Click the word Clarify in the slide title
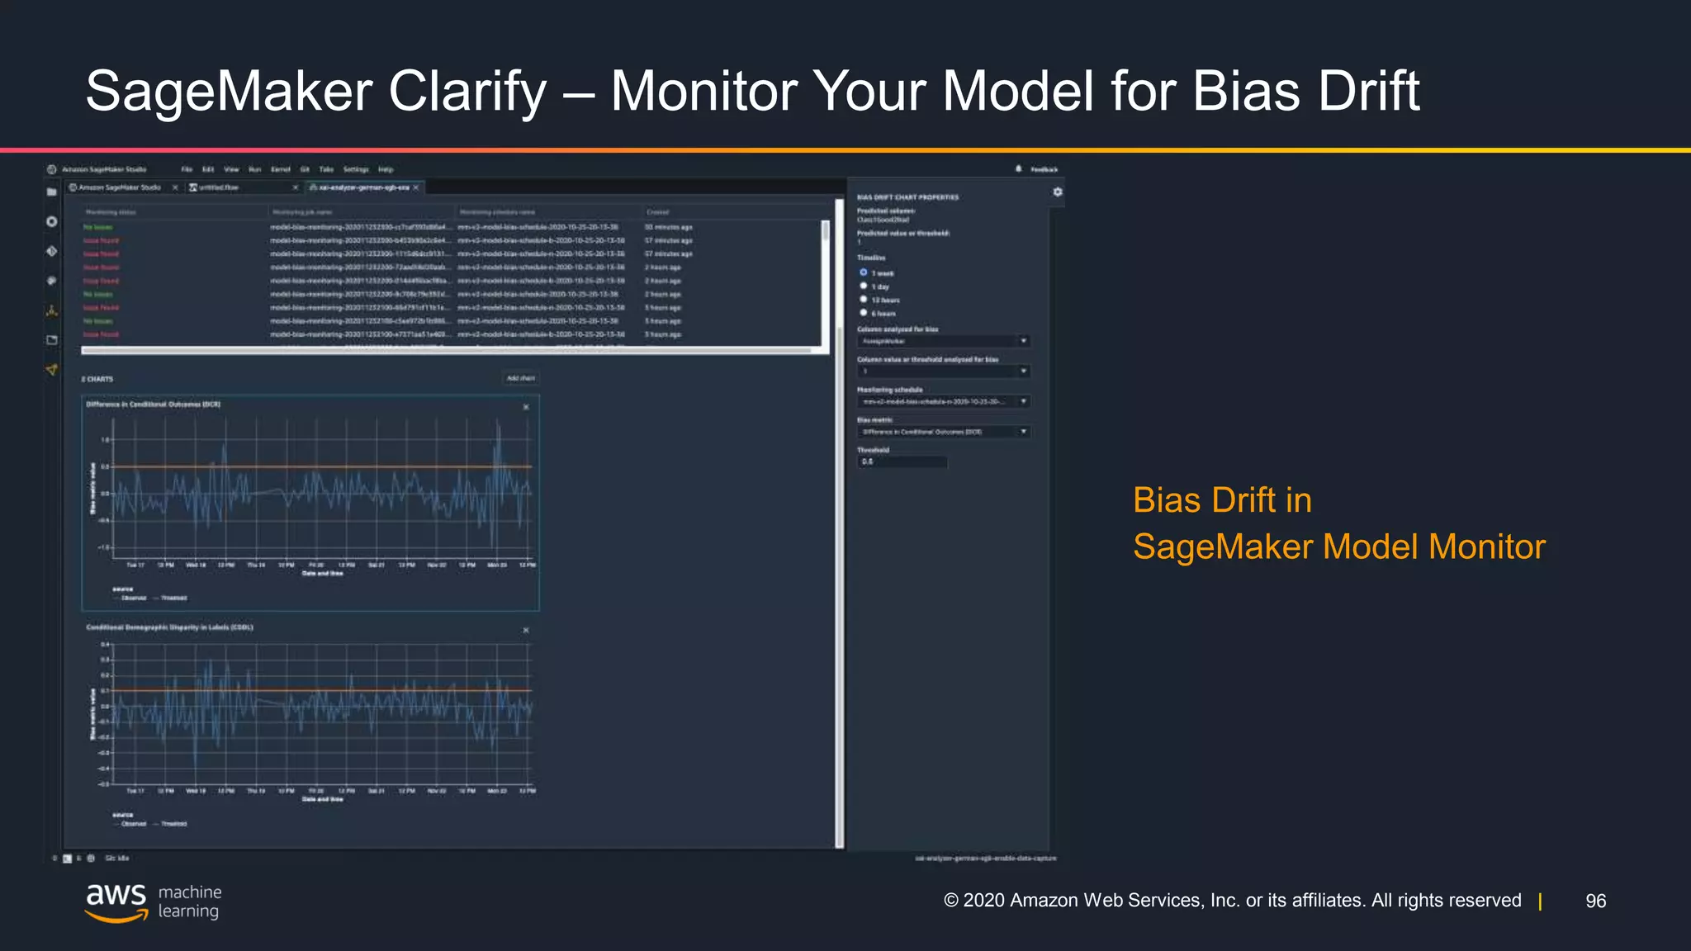(467, 91)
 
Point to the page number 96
(1595, 901)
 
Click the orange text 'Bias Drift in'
(1221, 500)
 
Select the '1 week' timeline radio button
(864, 272)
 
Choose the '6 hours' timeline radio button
(864, 313)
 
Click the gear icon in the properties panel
(1057, 192)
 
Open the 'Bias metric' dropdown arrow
(1023, 432)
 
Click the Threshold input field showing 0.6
(902, 462)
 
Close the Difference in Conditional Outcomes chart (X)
(526, 407)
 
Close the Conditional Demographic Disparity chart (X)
(526, 631)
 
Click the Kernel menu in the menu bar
(281, 169)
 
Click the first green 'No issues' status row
(98, 227)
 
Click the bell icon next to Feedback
(1018, 168)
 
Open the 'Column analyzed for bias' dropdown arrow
(1023, 341)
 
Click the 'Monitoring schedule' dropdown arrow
(1023, 401)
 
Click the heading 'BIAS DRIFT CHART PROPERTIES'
(907, 197)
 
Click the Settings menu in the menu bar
(356, 169)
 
